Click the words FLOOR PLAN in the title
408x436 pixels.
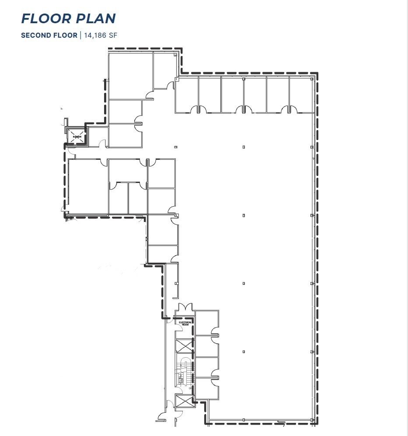(68, 18)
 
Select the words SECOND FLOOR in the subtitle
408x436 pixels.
(49, 35)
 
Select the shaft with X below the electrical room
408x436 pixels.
(183, 345)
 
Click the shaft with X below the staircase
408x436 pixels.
(183, 401)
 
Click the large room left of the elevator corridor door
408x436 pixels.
(88, 186)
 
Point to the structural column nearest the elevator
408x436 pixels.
(175, 147)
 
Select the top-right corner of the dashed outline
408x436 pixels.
(317, 73)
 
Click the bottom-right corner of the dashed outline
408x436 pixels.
(317, 423)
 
